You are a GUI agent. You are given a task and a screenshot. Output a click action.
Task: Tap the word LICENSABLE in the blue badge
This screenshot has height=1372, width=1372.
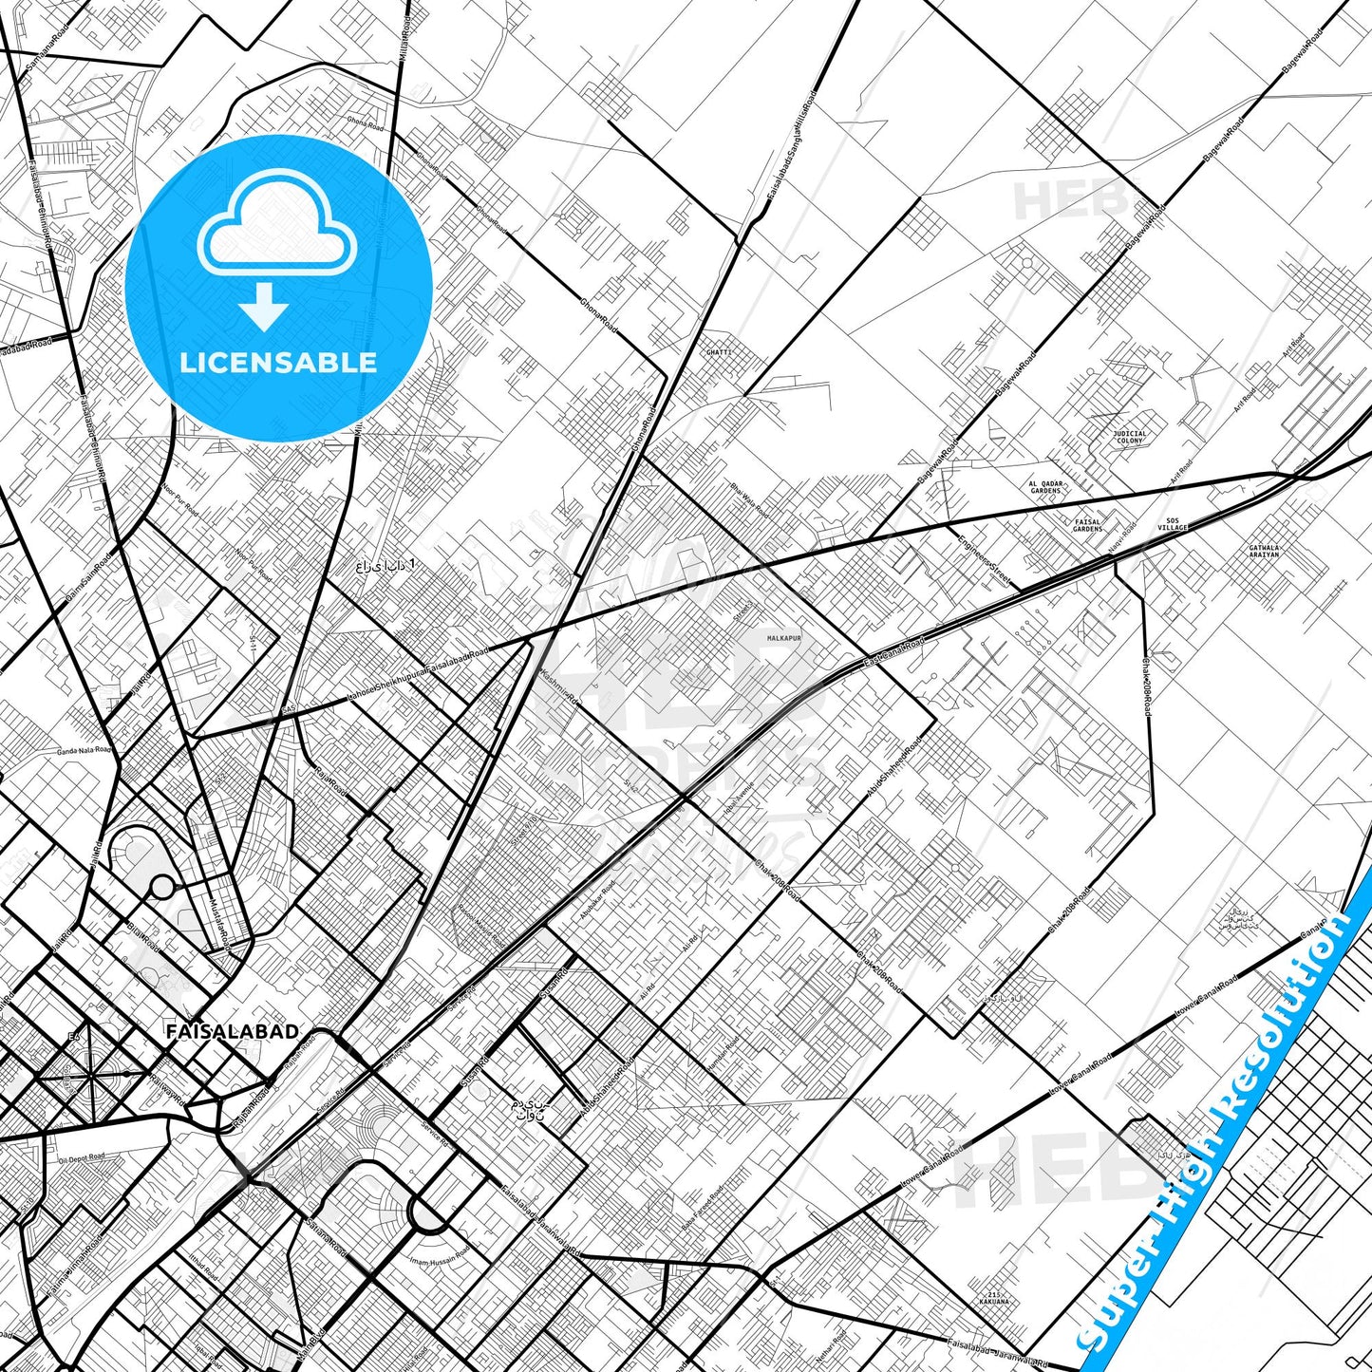[278, 362]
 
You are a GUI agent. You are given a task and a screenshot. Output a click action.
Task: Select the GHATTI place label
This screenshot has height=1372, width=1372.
[719, 352]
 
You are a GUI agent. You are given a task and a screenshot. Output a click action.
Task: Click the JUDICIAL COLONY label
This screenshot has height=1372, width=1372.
[1129, 437]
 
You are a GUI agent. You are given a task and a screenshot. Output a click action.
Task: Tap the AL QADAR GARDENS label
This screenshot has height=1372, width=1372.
[1045, 487]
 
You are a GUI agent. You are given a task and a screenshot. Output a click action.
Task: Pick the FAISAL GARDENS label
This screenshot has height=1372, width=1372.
[1088, 524]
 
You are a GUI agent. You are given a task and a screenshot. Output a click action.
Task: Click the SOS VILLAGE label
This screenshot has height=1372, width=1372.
[1173, 524]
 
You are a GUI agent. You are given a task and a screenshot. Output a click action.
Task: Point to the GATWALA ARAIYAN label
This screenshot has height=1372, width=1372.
[1264, 551]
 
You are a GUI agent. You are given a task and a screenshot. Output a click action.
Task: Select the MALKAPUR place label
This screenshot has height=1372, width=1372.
[784, 639]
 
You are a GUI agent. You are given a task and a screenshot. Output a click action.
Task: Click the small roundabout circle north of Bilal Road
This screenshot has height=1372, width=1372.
[163, 889]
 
